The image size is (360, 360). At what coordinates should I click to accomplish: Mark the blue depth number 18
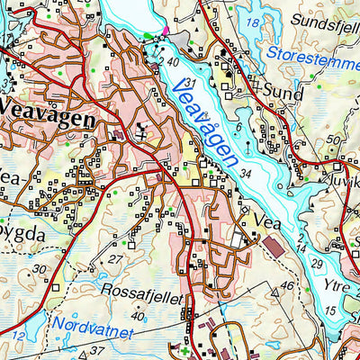click(x=253, y=22)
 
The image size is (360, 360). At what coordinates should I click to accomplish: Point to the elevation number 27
click(x=114, y=260)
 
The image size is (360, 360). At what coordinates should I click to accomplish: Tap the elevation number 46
click(x=287, y=286)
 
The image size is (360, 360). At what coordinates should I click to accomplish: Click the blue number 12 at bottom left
click(x=17, y=337)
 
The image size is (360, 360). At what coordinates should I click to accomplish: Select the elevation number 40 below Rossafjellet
click(x=137, y=316)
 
